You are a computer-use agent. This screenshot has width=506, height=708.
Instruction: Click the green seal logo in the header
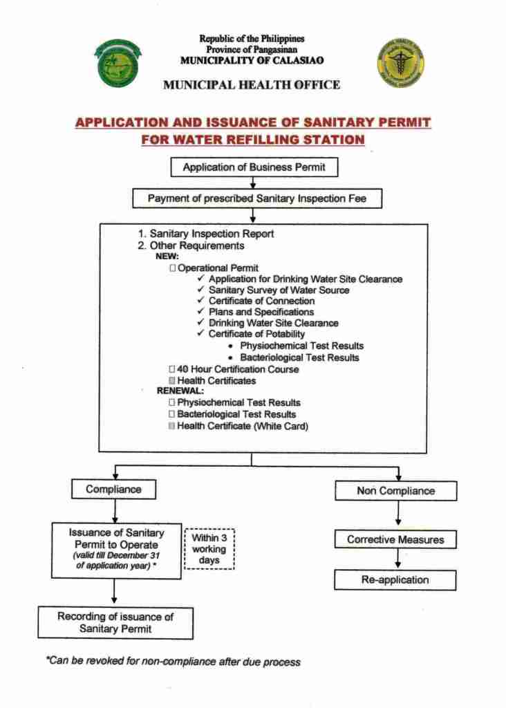118,64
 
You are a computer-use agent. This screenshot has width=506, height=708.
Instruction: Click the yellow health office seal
400,63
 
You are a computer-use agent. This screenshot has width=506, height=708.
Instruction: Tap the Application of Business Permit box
254,167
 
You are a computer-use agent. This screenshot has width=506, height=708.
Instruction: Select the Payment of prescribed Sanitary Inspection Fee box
254,198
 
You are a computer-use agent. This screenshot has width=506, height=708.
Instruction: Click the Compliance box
113,490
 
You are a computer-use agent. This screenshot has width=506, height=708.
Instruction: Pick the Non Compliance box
395,491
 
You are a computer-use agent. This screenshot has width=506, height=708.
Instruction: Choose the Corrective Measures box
395,539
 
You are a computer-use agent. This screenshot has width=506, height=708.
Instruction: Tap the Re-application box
395,580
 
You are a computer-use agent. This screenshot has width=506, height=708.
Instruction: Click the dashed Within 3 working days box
209,549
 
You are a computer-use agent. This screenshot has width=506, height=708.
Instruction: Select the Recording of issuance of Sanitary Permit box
115,622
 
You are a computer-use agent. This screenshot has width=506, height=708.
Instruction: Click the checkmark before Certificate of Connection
201,301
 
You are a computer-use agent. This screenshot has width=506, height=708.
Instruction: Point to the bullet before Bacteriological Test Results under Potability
229,357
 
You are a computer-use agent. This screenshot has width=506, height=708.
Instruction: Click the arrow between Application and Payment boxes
254,183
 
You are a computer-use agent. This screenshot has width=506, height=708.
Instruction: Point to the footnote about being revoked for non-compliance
173,662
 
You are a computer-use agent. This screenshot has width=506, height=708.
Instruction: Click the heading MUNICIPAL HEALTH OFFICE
252,85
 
